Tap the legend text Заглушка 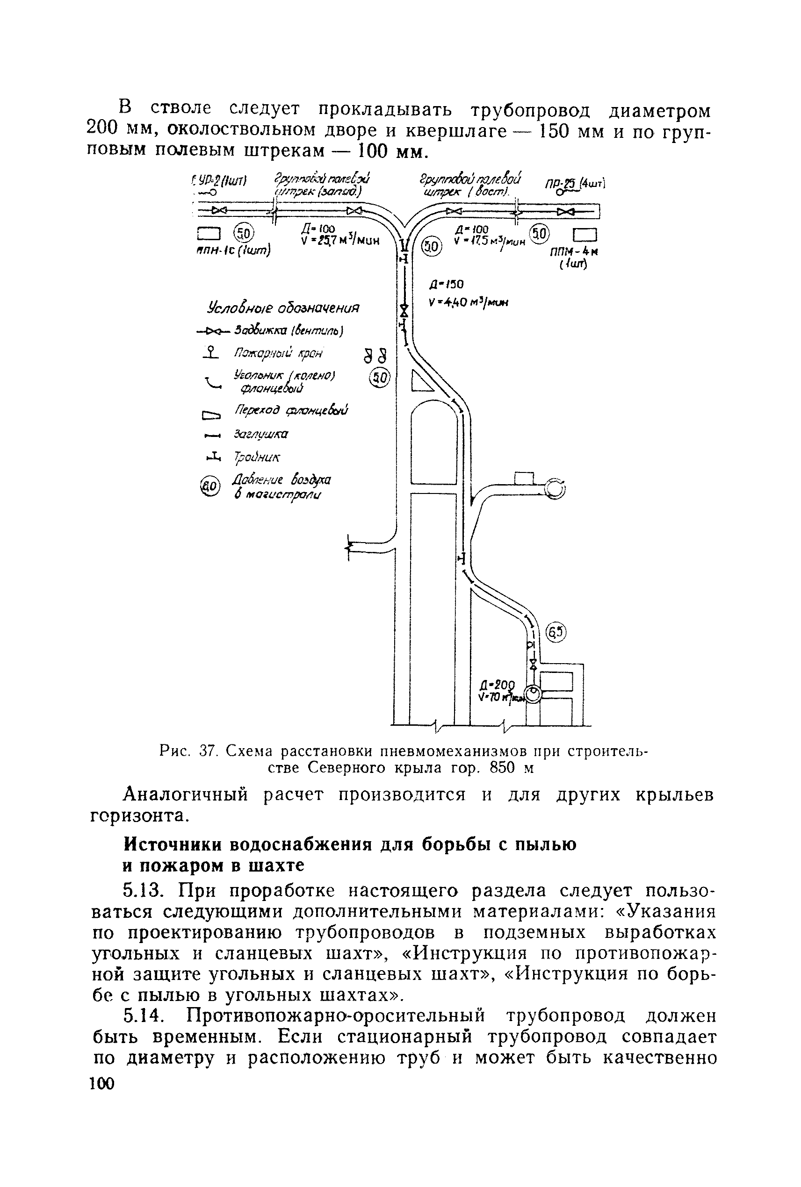point(261,434)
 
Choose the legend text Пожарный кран point(278,353)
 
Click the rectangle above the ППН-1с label point(208,234)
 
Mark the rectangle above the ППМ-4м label point(585,235)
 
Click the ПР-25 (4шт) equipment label point(574,183)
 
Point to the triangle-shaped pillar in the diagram point(421,382)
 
